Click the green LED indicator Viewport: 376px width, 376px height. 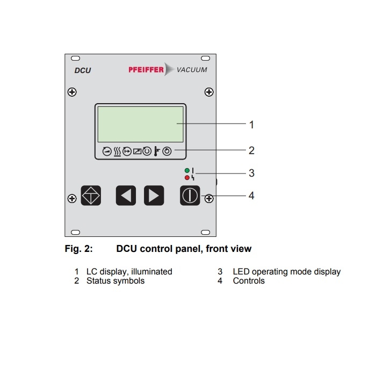186,170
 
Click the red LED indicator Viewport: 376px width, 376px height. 186,177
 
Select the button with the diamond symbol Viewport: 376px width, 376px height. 91,196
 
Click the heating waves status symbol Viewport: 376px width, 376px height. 117,151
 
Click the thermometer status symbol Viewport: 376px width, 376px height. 157,151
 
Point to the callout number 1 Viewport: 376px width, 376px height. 251,125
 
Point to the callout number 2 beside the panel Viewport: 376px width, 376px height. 251,150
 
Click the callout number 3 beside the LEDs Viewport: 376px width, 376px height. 251,173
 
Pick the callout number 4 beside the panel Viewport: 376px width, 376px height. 251,196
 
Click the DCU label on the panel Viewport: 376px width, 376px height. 83,70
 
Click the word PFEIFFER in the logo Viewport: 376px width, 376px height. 146,69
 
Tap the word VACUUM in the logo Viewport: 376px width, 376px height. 191,69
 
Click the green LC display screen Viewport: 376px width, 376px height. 141,122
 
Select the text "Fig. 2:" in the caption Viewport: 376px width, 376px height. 78,249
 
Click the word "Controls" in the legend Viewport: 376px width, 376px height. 249,281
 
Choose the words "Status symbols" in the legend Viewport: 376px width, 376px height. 115,281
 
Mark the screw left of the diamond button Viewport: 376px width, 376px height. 72,199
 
